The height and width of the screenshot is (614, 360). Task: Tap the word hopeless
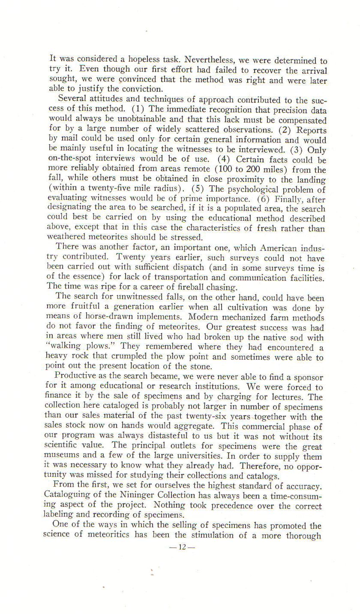click(x=133, y=60)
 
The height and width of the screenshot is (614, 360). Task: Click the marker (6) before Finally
click(x=264, y=199)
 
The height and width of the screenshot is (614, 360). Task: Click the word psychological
click(x=258, y=189)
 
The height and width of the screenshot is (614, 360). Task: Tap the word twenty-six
click(x=203, y=417)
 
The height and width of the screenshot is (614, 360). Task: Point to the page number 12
click(x=182, y=547)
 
